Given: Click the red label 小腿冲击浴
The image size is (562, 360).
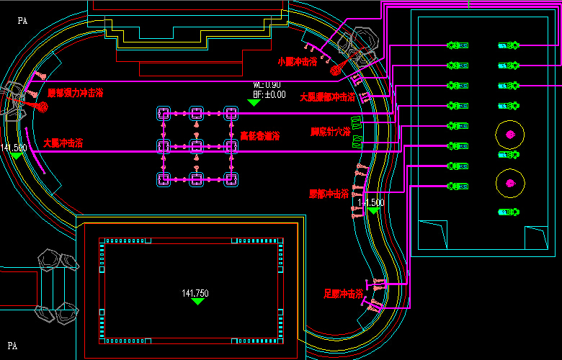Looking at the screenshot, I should tap(297, 62).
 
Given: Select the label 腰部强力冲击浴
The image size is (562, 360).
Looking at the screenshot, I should tap(76, 93).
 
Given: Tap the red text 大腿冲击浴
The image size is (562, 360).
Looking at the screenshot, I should tap(63, 143).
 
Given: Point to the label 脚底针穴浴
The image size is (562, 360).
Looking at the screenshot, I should tap(330, 132).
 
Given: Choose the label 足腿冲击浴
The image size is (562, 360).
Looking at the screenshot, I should tap(343, 294).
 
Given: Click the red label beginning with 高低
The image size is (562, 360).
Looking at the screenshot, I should tap(259, 135).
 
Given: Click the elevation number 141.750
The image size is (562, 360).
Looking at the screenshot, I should tap(195, 293).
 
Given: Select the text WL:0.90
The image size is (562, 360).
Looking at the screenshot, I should tap(267, 85).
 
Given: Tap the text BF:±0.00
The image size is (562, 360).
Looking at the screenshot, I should tap(269, 94).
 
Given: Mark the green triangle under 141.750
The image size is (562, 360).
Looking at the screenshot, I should tap(197, 302).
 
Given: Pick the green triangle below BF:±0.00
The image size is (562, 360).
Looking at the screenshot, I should tap(254, 102).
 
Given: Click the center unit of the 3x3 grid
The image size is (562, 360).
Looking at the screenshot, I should tap(197, 146).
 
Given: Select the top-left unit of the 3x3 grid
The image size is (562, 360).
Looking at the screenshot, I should tap(164, 113).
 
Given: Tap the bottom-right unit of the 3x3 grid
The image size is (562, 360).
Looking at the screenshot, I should tap(231, 179).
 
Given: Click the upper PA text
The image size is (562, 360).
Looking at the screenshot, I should tap(22, 21).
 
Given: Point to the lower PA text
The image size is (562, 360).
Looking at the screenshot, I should tap(12, 346).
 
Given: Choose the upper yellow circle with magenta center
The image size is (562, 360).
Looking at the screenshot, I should tap(510, 135).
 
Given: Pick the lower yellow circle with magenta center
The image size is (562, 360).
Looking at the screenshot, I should tap(510, 181).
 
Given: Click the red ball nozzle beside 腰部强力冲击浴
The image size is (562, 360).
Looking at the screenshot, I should tap(43, 107).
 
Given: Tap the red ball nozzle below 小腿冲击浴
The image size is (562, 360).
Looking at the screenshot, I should tap(335, 71).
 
